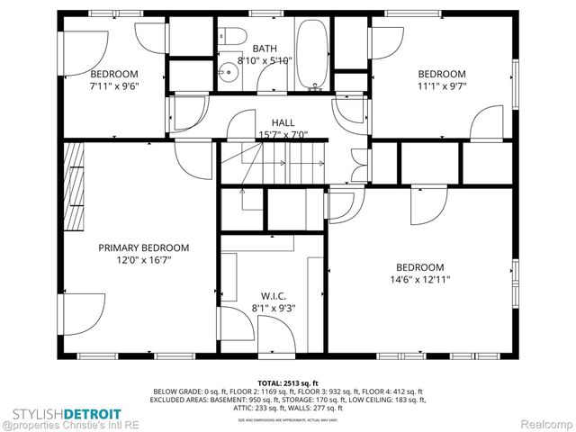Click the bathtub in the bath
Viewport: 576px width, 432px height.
coord(313,56)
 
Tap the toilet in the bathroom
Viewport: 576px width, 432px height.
coord(232,37)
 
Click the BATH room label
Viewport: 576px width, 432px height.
coord(265,49)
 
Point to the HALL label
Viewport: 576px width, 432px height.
coord(283,122)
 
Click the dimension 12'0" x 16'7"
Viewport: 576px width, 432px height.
coord(143,260)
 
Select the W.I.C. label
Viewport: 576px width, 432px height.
coord(273,295)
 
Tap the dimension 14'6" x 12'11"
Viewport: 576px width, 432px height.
coord(420,280)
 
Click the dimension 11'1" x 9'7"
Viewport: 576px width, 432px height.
coord(441,86)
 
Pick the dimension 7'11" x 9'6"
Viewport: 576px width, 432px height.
coord(113,86)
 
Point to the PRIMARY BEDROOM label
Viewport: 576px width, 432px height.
coord(143,247)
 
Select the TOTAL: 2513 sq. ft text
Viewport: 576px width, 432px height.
coord(288,382)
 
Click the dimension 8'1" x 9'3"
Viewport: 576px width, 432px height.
coord(273,308)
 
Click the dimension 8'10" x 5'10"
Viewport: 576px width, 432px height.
coord(265,61)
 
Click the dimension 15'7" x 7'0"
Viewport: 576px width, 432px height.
coord(283,135)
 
